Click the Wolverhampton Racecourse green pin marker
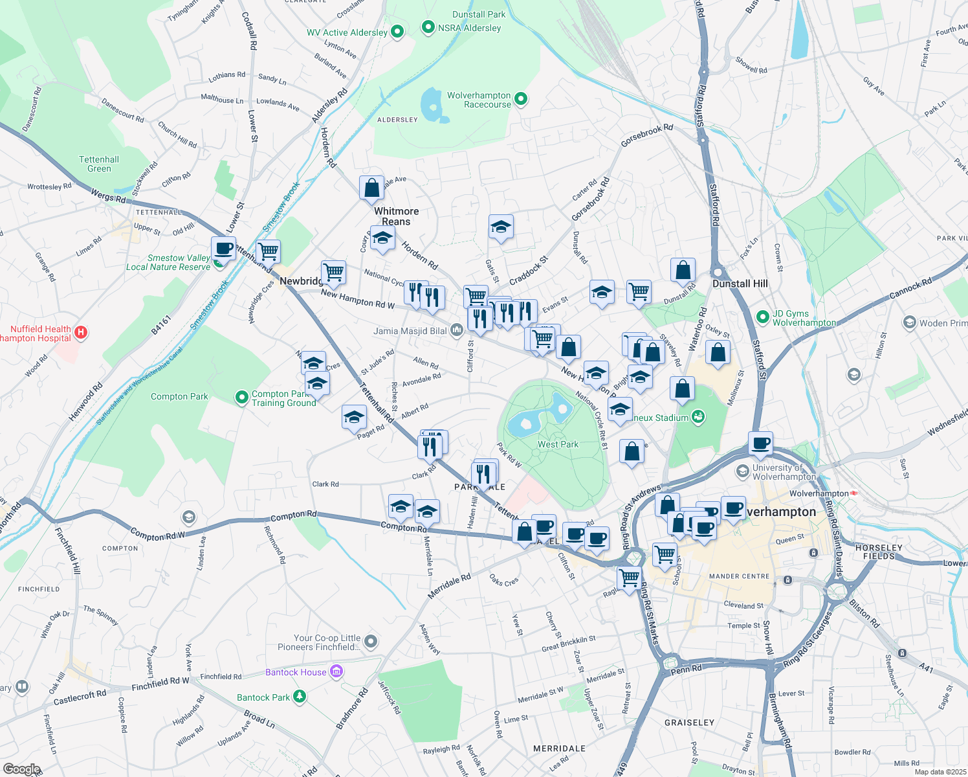coord(521,99)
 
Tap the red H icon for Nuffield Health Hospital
coord(81,333)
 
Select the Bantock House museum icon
coord(336,671)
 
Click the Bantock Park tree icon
coord(299,697)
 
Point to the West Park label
coord(558,444)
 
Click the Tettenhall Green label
coord(99,164)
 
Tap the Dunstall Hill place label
coord(740,284)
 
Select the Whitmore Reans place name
coord(396,216)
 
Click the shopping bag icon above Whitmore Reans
coord(372,188)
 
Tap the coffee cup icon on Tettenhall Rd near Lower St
coord(223,249)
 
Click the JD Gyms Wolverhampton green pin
coord(763,317)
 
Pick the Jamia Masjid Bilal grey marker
coord(457,331)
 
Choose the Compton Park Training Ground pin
coord(242,398)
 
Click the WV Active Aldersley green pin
coord(397,31)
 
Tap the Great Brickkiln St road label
coord(568,643)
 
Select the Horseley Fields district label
coord(878,552)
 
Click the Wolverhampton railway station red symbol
coord(853,493)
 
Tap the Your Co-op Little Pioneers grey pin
coord(371,642)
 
